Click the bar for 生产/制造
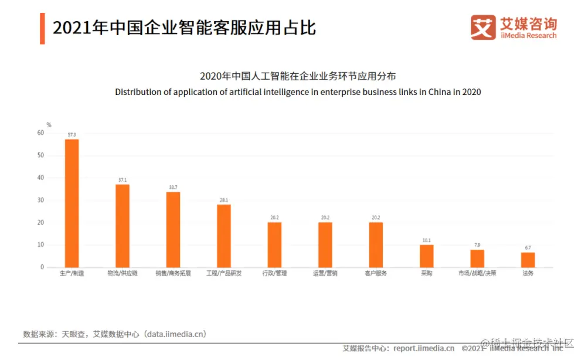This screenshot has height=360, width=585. click(72, 203)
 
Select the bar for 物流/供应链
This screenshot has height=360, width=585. click(122, 226)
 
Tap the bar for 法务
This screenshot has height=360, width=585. click(528, 260)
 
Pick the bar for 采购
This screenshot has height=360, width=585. click(426, 256)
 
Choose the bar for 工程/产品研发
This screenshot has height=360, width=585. click(223, 236)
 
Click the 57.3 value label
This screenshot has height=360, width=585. click(72, 135)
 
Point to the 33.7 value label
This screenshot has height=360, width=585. click(173, 188)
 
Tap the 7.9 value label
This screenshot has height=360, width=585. click(477, 245)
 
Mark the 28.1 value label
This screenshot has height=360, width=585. click(223, 200)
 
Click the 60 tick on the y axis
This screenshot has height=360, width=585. click(40, 133)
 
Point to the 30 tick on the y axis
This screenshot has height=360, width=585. click(40, 200)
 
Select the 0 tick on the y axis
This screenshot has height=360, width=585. click(42, 267)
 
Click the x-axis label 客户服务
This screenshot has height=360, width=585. click(376, 274)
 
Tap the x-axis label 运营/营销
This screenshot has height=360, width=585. click(325, 274)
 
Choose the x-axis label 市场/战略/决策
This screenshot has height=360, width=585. click(477, 274)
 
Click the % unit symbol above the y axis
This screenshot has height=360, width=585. click(49, 124)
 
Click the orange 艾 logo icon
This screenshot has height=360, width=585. click(483, 28)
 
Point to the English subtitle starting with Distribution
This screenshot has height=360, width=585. click(298, 92)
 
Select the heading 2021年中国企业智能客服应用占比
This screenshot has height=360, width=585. click(184, 28)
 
